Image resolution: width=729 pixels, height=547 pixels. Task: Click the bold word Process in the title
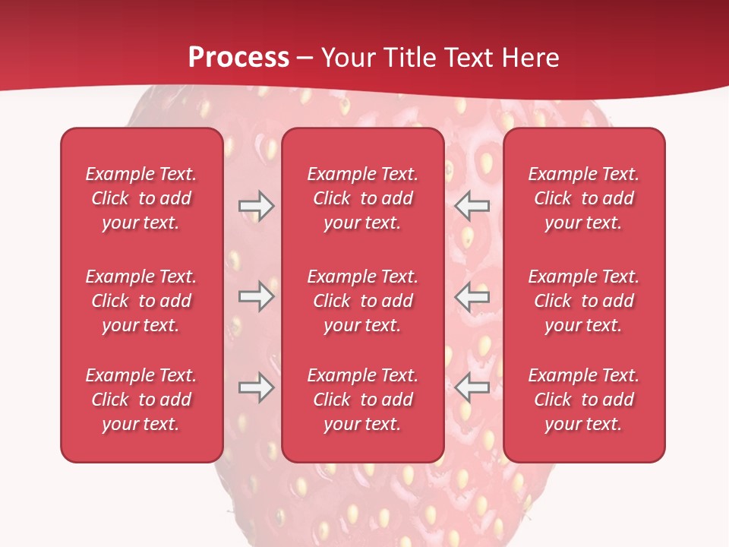[x=238, y=58]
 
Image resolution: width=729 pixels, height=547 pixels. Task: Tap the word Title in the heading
[x=410, y=58]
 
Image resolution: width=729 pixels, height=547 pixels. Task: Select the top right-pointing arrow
[x=256, y=206]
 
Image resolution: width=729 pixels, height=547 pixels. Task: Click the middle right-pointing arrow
[x=256, y=296]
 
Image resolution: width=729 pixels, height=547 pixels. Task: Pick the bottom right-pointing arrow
[x=256, y=387]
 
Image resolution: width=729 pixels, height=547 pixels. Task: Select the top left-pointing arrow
[x=472, y=206]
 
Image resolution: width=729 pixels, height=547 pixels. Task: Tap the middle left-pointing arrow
[x=472, y=296]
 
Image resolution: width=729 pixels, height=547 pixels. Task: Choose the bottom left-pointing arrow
[x=472, y=387]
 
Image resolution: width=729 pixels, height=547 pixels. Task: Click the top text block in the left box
[x=141, y=198]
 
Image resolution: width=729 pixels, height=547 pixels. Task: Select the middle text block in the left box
[x=141, y=301]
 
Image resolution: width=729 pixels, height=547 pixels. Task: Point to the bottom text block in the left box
[x=141, y=400]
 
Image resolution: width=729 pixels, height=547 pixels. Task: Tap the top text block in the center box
[x=363, y=198]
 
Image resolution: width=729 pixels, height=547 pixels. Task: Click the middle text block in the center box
[x=363, y=301]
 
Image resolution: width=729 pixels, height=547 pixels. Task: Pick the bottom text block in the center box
[x=363, y=400]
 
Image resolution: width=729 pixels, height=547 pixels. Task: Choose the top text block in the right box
[x=584, y=198]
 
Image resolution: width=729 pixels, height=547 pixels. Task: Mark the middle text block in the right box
[x=584, y=301]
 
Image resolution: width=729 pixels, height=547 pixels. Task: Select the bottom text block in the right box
[x=584, y=400]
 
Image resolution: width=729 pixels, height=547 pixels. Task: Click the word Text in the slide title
[x=467, y=58]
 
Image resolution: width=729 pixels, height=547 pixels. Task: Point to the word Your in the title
[x=348, y=58]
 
